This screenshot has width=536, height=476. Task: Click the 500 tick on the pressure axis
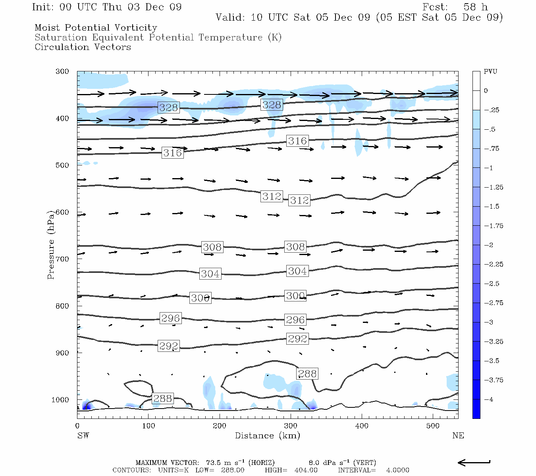[x=62, y=165]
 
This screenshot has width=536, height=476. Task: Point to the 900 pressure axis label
[x=62, y=353]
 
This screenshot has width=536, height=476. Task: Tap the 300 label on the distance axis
[x=291, y=426]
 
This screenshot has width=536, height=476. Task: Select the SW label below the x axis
[x=83, y=436]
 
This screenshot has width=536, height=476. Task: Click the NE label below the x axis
[x=458, y=436]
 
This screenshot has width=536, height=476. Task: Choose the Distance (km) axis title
[x=268, y=436]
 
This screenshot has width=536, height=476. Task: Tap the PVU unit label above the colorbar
[x=490, y=71]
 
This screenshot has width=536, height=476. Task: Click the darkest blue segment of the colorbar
[x=476, y=409]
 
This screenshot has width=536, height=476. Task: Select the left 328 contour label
[x=168, y=107]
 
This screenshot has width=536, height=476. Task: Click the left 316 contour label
[x=172, y=153]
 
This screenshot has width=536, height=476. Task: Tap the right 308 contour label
[x=295, y=247]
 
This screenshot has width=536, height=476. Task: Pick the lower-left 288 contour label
[x=162, y=398]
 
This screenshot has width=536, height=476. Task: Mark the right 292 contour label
[x=297, y=339]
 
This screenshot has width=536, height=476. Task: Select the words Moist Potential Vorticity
[x=96, y=28]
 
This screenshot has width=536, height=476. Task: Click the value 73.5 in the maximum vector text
[x=214, y=463]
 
